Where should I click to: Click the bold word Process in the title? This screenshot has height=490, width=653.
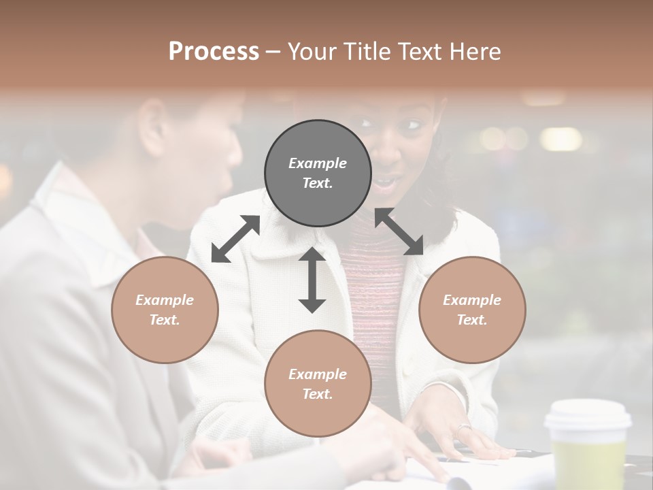click(214, 51)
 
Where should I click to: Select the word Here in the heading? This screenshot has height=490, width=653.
click(475, 51)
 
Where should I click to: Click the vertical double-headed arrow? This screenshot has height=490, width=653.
click(312, 280)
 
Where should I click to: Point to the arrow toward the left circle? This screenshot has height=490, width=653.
click(235, 239)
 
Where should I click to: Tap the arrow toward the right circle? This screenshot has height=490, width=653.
click(399, 231)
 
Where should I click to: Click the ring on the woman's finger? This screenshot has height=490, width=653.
click(463, 428)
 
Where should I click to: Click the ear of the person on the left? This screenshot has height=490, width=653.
click(152, 126)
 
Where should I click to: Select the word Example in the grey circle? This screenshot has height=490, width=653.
click(318, 163)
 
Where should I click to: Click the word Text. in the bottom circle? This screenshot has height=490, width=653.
click(318, 394)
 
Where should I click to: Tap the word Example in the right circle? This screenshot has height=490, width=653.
click(472, 300)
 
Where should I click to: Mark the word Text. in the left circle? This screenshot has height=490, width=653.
click(165, 320)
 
